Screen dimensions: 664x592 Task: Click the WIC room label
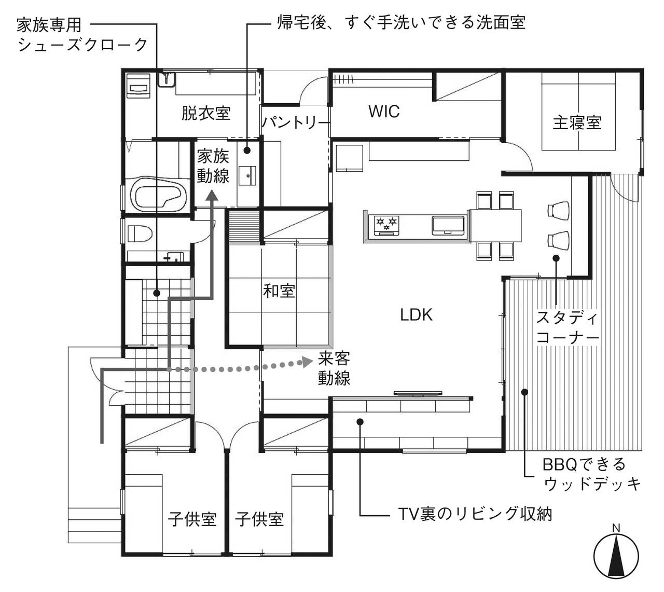[x=384, y=112]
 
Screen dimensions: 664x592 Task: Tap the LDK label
[x=416, y=315]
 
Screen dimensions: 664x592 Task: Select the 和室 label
[x=279, y=291]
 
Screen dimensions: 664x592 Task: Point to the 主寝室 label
[x=577, y=122]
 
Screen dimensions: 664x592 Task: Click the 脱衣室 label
[x=206, y=113]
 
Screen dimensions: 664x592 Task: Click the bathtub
[x=159, y=195]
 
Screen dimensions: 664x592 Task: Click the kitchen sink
[x=448, y=226]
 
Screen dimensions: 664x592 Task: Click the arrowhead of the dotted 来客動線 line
[x=307, y=362]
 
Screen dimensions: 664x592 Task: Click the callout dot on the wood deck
[x=524, y=392]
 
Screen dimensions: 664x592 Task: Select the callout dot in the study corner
[x=556, y=258]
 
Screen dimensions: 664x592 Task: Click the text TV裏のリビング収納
[x=475, y=514]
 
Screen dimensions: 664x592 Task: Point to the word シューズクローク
[x=82, y=45]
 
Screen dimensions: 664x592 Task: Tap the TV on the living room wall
[x=418, y=393]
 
